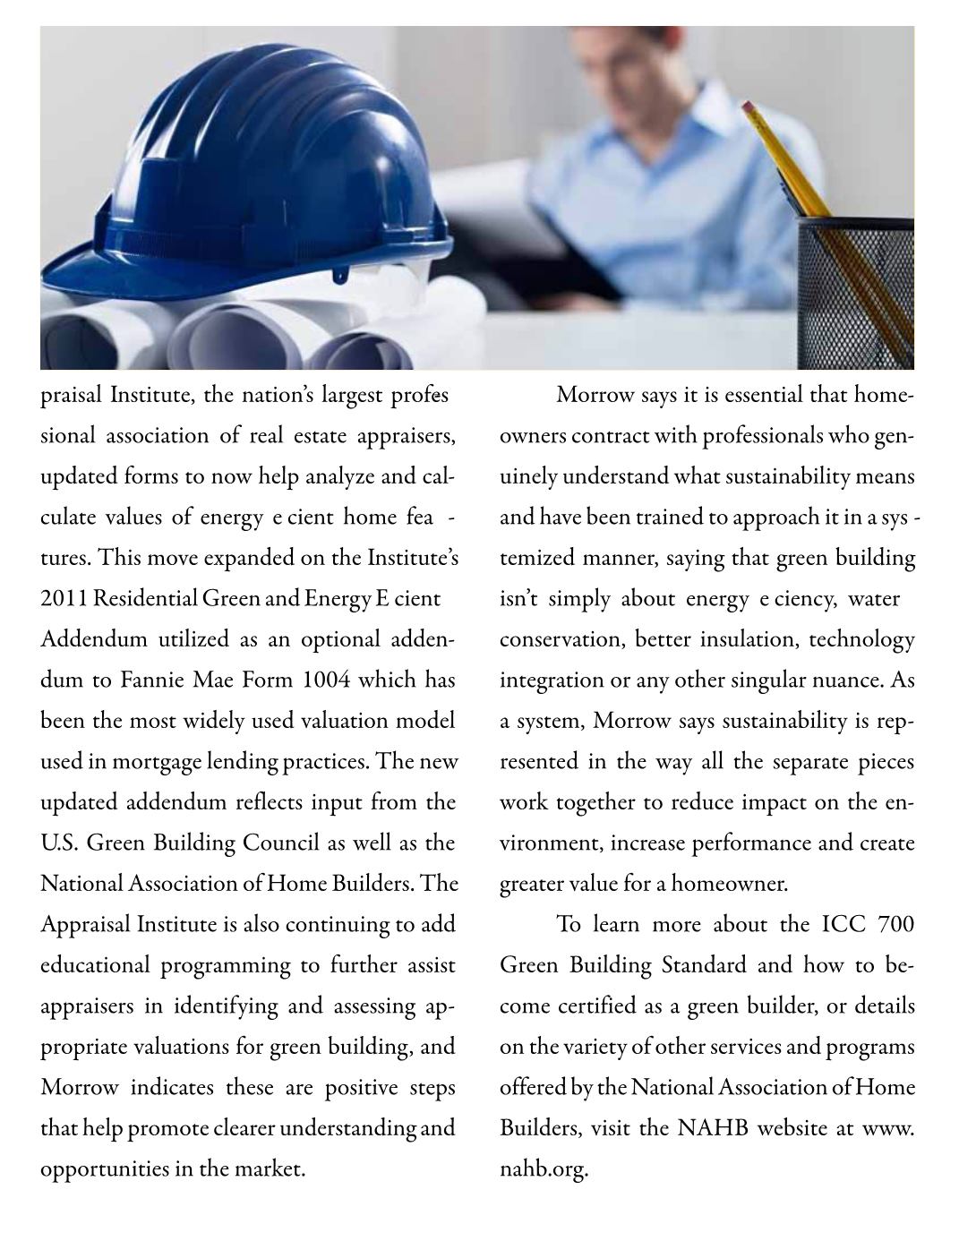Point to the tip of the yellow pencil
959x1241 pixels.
745,105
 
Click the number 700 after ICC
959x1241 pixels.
896,925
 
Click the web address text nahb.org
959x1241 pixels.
543,1169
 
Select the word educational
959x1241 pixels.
95,966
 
